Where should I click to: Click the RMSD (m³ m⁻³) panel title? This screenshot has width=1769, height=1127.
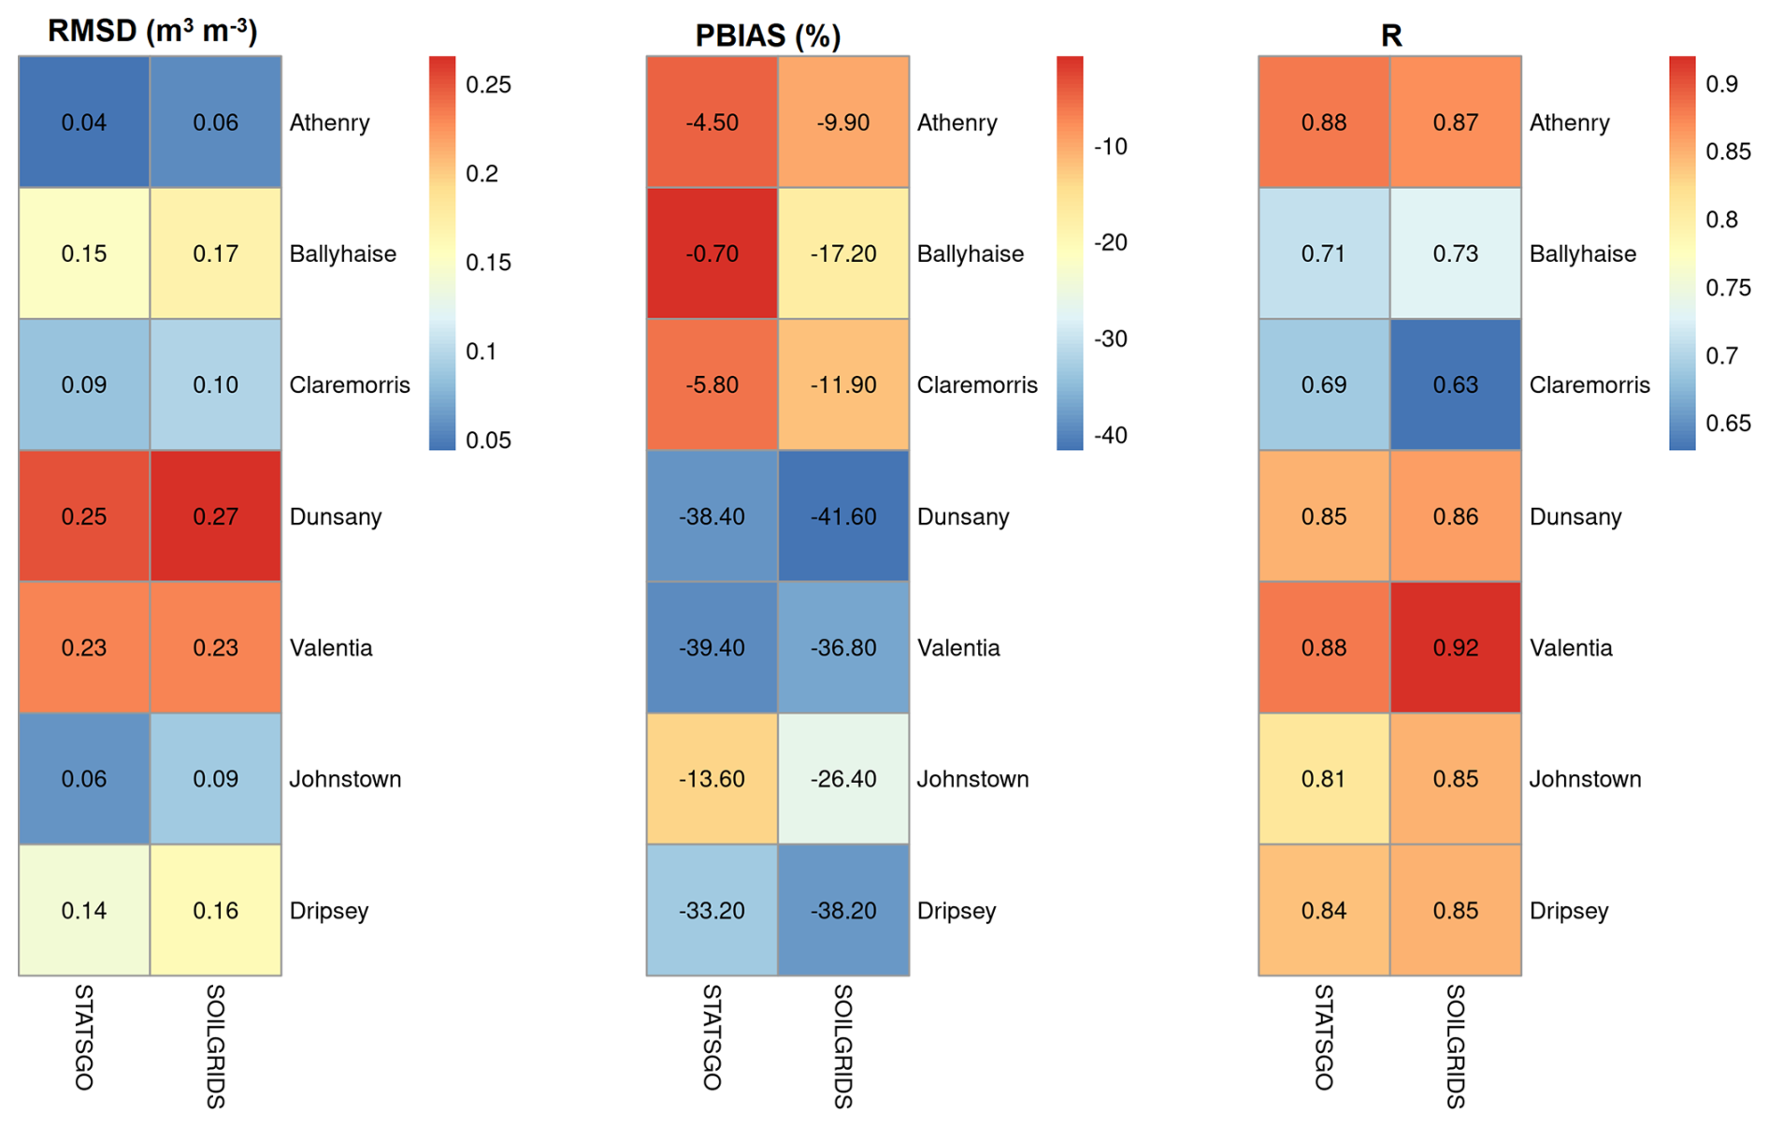point(152,31)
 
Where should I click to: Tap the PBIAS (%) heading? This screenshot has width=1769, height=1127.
point(768,36)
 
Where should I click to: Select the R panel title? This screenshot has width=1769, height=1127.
point(1390,36)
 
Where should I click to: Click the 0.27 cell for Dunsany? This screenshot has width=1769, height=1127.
point(215,516)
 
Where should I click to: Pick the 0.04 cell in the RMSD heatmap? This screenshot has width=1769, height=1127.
point(84,123)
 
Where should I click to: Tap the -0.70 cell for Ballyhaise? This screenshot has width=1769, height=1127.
point(712,253)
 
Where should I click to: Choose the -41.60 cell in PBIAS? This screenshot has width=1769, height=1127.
point(842,516)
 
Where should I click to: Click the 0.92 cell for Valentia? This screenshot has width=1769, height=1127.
point(1455,647)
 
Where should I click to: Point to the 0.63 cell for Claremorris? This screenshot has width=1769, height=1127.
point(1455,384)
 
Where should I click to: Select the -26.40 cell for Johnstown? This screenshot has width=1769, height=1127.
point(842,779)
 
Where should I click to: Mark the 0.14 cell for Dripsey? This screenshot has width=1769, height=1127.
point(84,910)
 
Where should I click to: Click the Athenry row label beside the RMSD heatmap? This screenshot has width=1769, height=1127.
point(329,123)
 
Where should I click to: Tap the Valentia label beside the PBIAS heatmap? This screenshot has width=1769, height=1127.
point(958,647)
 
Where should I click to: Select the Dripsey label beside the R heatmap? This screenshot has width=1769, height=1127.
point(1569,910)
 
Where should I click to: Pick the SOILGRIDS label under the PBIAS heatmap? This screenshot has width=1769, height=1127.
point(842,1046)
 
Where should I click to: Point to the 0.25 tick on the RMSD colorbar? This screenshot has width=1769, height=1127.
point(488,85)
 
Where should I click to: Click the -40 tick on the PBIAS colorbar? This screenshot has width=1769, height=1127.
point(1111,435)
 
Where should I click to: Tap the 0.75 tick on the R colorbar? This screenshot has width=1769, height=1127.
point(1728,287)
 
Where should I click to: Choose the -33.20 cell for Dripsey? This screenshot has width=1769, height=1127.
point(712,910)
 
